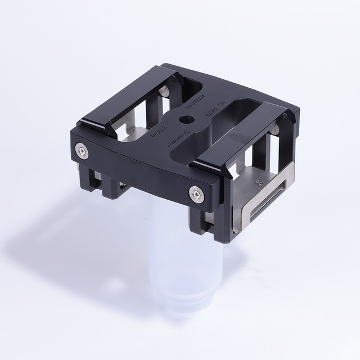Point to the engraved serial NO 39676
coord(217,121)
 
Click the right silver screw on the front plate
coord(196,195)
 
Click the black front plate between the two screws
coord(138,169)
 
